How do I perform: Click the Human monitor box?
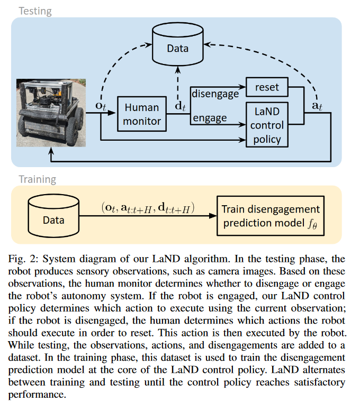coord(142,114)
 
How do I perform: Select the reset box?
coord(267,87)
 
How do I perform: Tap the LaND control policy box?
coord(267,125)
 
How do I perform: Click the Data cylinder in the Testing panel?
coord(178,44)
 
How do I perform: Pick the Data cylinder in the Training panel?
coord(53,216)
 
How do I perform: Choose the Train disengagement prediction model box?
coord(271,216)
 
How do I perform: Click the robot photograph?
coord(51,113)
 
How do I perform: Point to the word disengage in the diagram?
coord(215,94)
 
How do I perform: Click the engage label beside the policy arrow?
coord(210,118)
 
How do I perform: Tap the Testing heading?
coord(35,11)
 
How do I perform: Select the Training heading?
coord(38,179)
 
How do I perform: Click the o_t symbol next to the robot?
coord(101,106)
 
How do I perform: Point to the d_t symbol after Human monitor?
coord(181,106)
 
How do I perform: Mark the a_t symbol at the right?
coord(317,106)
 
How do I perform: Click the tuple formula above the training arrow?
coord(148,208)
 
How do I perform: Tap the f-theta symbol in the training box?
coord(312,224)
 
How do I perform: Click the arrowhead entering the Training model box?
coord(213,216)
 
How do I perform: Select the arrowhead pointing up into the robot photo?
coord(51,151)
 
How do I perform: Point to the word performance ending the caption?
coord(37,395)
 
